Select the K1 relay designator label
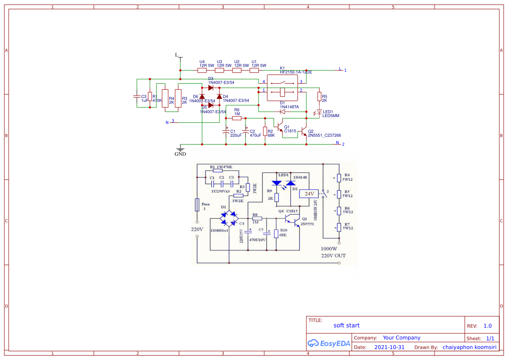click(282, 68)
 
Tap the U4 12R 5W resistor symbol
click(202, 70)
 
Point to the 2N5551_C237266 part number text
click(324, 135)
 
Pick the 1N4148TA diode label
click(289, 107)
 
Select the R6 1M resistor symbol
click(237, 118)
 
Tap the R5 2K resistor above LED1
click(319, 96)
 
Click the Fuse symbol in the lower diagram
click(197, 205)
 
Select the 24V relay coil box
click(309, 193)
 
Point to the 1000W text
click(329, 249)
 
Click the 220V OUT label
click(333, 256)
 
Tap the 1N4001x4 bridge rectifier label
click(219, 230)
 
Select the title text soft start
click(346, 325)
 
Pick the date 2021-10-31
click(389, 347)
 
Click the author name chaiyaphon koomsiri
click(469, 347)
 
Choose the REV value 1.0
click(488, 326)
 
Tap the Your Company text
click(402, 337)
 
